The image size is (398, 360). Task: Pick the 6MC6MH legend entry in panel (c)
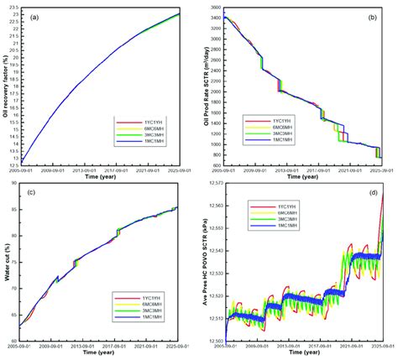154,305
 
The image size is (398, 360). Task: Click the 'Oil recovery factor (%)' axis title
7,84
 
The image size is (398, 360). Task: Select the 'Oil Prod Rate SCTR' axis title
204,84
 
